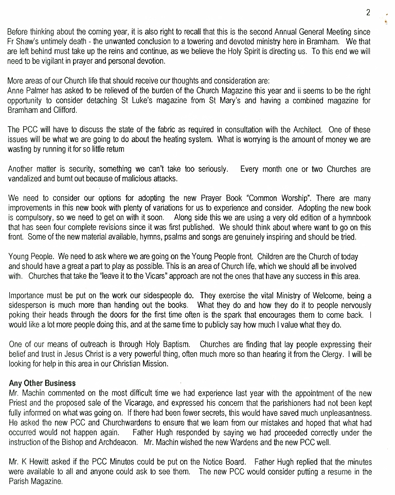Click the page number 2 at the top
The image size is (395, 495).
[368, 12]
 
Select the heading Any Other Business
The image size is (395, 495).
[42, 383]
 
